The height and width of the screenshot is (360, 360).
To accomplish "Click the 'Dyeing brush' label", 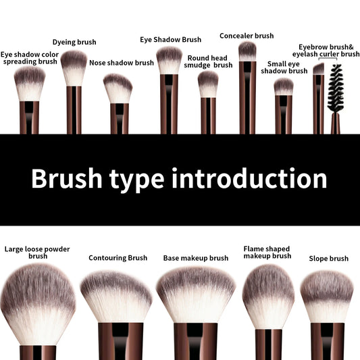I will point(74,43).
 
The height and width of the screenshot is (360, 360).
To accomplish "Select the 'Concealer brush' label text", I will point(247,36).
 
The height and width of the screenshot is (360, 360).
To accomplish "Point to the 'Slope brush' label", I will point(328,259).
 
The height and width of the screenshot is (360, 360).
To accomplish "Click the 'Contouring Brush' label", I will point(118,258).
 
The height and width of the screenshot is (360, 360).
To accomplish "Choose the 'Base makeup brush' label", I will point(196,258).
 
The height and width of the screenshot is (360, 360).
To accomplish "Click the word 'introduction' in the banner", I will point(250,179).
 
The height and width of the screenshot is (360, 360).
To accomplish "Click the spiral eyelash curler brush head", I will point(336,87).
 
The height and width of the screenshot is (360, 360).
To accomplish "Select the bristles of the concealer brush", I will point(248,51).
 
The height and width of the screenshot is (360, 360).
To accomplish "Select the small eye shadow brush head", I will point(284,86).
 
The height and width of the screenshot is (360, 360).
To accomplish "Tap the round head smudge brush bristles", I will point(208,84).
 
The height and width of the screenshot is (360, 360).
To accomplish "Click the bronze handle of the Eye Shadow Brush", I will point(169,105).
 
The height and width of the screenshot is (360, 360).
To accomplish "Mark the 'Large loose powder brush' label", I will point(37,253).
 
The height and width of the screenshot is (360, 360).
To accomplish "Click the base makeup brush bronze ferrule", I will point(195,341).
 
